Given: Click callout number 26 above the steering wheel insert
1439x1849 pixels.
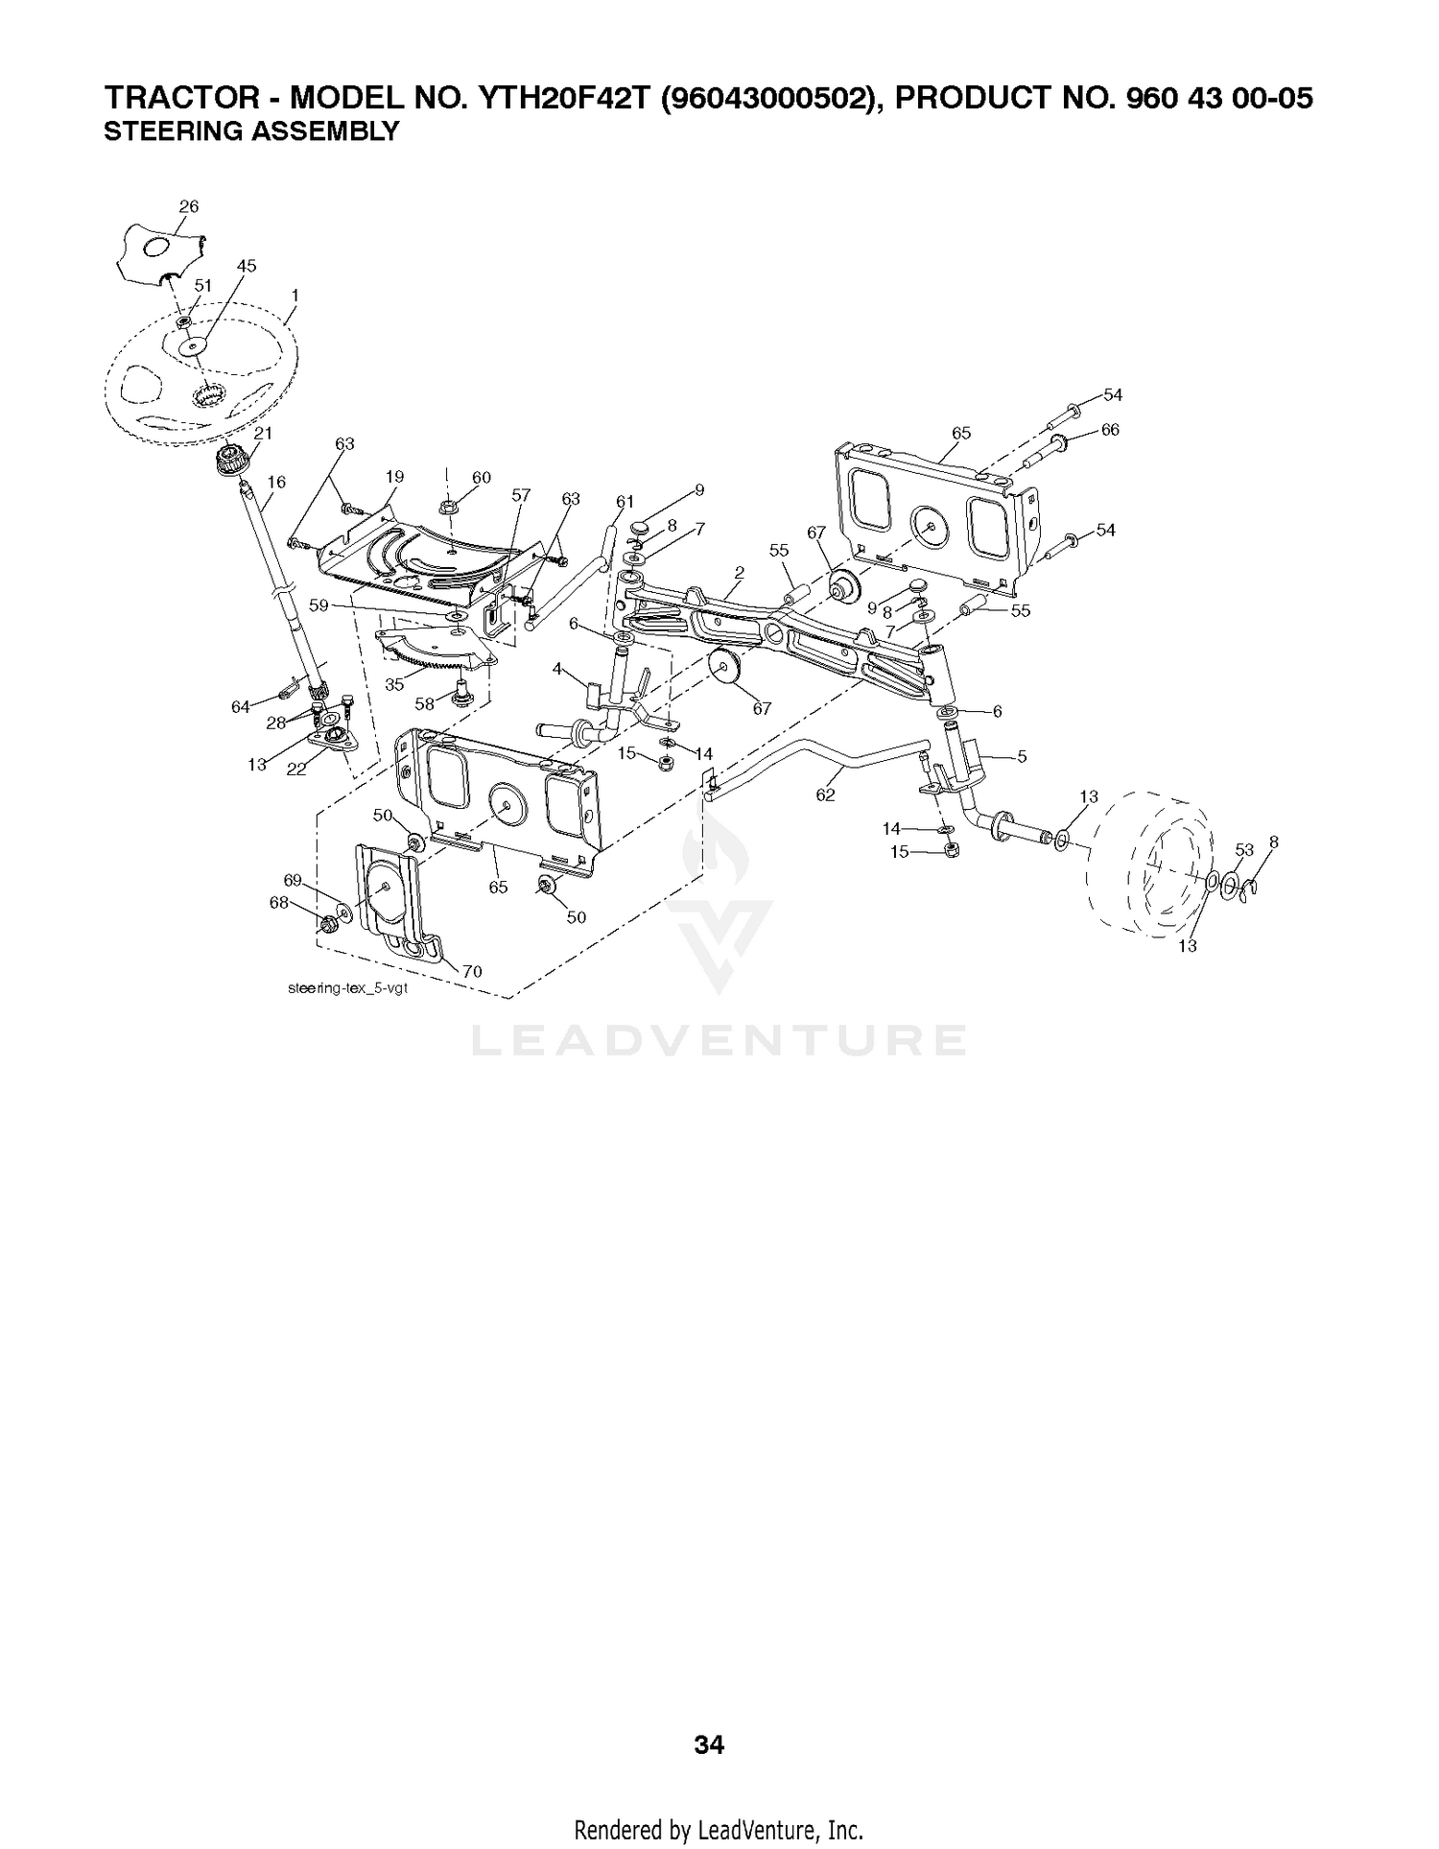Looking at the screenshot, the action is coord(189,206).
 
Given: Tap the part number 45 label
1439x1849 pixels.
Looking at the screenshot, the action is coord(247,266).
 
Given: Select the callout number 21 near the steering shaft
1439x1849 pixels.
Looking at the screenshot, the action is coord(263,433).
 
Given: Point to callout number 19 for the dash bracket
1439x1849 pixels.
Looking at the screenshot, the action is coord(394,477).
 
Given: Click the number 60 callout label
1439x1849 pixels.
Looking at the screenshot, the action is coord(482,477).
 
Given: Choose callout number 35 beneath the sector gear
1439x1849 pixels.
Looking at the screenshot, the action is coord(394,685).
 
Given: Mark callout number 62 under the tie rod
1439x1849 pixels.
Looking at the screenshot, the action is coord(825,794).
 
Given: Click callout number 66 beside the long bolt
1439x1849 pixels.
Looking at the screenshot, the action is coord(1110,430).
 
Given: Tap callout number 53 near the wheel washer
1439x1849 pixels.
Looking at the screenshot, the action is coord(1244,849).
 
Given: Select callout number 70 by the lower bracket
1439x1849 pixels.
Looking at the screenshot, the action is coord(472,971).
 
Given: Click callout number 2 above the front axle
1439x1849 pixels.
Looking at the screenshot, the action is coord(739,572).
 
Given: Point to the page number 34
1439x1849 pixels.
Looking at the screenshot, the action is coord(709,1744).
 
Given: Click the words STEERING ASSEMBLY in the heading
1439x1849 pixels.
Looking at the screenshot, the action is coord(250,132).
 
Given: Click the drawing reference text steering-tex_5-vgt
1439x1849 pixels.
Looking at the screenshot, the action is coord(347,989).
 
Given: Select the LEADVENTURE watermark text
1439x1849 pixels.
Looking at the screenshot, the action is coord(719,1041).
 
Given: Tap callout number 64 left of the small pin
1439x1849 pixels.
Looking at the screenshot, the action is coord(241,707).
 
